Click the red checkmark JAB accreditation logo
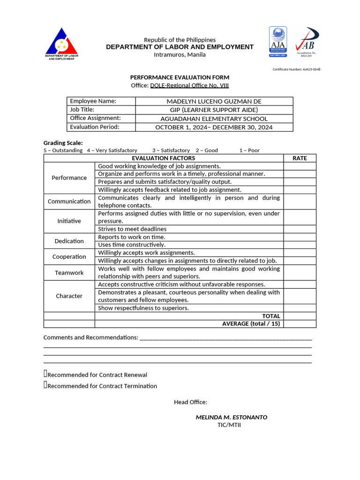(x=307, y=41)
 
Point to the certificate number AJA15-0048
(x=296, y=69)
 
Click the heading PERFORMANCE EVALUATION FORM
(x=180, y=77)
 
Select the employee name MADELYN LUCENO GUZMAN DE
(x=214, y=101)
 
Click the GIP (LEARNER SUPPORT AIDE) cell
(x=214, y=110)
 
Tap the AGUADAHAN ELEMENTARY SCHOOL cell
(x=214, y=119)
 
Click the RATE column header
(x=300, y=158)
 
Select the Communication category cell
(x=69, y=202)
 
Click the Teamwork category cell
(x=69, y=273)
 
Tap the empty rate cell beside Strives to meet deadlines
(x=300, y=229)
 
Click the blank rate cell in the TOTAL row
(x=300, y=316)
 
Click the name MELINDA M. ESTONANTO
(x=231, y=417)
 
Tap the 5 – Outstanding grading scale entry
(x=63, y=150)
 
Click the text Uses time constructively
(x=132, y=245)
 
